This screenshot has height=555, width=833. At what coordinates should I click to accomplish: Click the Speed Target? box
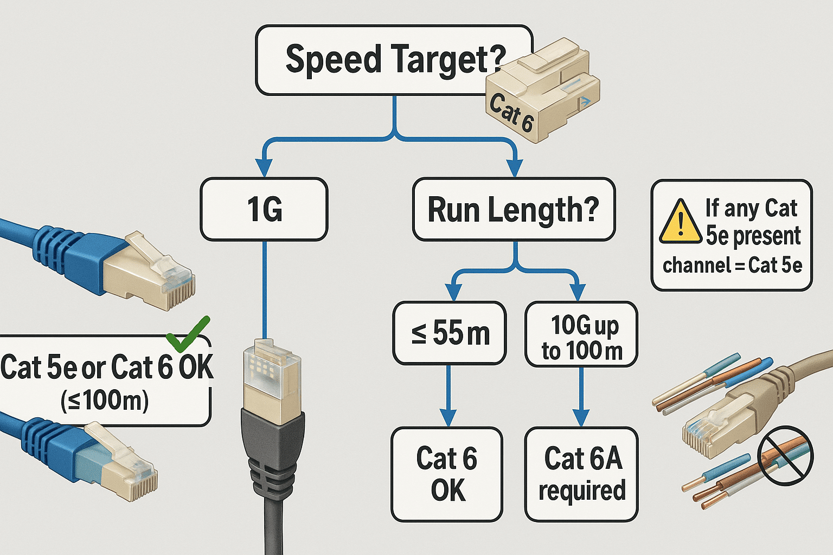[x=380, y=60]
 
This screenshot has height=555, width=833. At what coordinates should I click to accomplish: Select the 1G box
[x=264, y=209]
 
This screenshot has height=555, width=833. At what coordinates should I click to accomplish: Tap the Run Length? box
[x=513, y=209]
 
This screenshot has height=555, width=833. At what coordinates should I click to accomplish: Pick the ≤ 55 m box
[x=450, y=332]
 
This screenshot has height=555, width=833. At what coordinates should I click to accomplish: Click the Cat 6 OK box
[x=447, y=474]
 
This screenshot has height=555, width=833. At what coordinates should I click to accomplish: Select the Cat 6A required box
[x=581, y=474]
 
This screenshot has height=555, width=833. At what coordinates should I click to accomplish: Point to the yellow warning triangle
[x=681, y=222]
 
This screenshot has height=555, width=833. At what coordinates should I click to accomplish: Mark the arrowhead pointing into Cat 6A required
[x=581, y=418]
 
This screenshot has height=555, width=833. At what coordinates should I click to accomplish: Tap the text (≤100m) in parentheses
[x=105, y=401]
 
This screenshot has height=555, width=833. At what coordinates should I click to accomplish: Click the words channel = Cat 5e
[x=732, y=266]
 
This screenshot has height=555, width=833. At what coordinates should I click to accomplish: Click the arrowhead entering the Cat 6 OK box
[x=448, y=418]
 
